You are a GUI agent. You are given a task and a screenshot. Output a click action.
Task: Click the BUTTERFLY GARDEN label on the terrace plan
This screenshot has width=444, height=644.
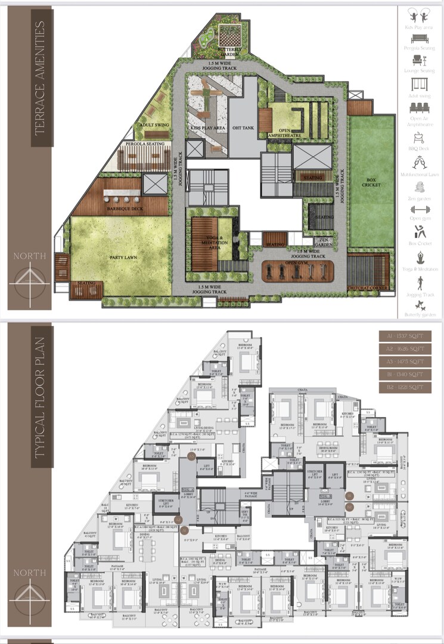pos(228,52)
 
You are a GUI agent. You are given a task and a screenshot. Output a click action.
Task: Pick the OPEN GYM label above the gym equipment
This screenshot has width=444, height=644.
pos(298,262)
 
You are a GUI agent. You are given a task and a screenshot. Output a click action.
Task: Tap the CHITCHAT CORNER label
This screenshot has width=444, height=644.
pos(368,288)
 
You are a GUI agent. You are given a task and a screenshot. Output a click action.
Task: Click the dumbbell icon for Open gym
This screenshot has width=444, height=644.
pos(420,210)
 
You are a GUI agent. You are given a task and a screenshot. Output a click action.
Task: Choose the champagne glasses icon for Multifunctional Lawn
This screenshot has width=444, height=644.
pos(420,161)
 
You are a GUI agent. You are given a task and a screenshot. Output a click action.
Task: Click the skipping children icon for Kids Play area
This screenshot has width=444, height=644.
pos(420,15)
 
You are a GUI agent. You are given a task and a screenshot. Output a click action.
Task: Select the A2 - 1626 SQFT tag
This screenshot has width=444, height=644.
pos(405,349)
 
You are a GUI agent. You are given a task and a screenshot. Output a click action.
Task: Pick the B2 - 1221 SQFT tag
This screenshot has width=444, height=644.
pos(405,387)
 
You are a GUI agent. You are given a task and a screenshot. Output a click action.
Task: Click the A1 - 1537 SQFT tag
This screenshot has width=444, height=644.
pos(405,336)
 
